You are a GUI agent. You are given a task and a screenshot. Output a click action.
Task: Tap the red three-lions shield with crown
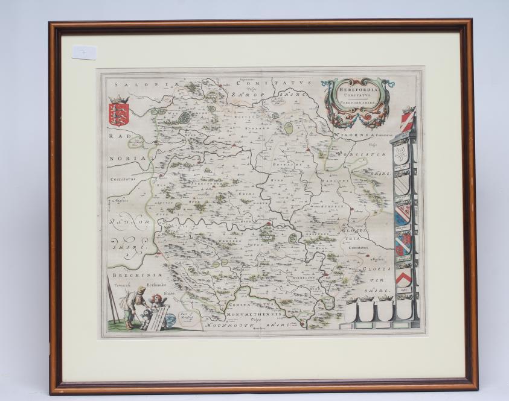pos(119,112)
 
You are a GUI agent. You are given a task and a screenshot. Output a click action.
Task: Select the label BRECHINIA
pos(127,277)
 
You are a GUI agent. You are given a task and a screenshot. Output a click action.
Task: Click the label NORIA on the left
pos(127,159)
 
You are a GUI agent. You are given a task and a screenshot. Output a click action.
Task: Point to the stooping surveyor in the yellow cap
pos(133,302)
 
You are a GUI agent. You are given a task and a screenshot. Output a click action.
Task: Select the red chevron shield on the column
pos(403,277)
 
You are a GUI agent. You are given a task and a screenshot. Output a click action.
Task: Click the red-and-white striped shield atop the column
pos(408,118)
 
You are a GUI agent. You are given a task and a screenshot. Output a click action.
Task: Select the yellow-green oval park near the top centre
pos(289,128)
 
